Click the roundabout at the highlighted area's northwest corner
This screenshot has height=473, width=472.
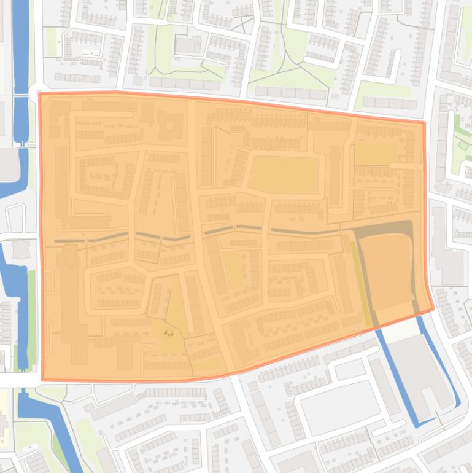coord(34,92)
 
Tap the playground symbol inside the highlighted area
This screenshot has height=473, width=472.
coord(169,334)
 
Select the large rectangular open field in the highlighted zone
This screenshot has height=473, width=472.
coord(284,174)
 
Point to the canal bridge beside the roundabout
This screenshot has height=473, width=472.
coord(21,92)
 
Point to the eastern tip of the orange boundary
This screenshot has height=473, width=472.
coord(433,309)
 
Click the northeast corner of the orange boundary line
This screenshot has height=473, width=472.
coord(424,123)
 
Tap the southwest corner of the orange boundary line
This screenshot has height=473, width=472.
coord(42,380)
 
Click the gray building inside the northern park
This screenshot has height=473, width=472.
coord(188,44)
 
